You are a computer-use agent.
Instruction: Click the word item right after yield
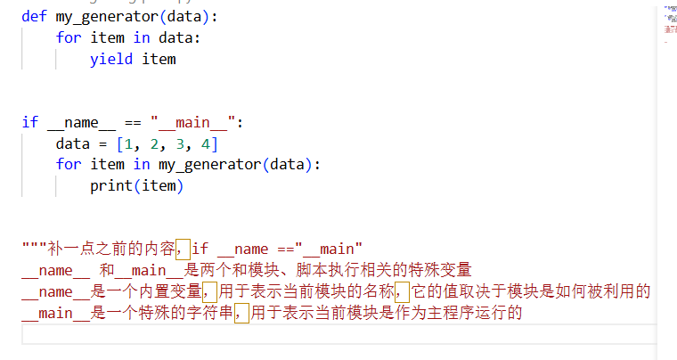(159, 59)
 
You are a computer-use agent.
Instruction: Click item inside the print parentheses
(162, 186)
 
